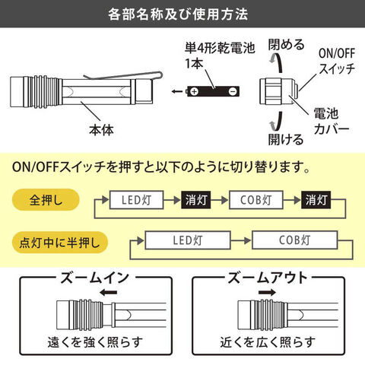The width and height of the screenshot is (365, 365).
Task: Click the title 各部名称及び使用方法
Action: click(x=178, y=14)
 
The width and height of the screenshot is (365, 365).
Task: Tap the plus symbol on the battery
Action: click(x=195, y=91)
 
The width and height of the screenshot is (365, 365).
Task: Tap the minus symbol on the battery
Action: click(x=233, y=91)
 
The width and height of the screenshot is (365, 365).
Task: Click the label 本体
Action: click(x=101, y=130)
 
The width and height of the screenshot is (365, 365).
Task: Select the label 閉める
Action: click(x=287, y=45)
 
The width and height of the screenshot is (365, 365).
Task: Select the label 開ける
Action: click(x=286, y=139)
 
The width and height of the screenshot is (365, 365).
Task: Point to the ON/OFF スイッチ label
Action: click(x=337, y=61)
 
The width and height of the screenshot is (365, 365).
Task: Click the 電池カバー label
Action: click(x=332, y=122)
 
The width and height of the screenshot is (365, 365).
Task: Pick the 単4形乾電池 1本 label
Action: click(x=220, y=56)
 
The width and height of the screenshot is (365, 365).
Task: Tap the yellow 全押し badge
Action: click(x=46, y=200)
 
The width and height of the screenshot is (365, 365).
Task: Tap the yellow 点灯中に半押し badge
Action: click(x=60, y=243)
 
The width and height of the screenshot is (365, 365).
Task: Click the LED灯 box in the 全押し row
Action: click(x=136, y=200)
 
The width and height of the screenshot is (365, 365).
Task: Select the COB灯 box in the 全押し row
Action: click(x=256, y=200)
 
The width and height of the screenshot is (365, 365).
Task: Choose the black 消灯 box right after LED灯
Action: click(x=196, y=200)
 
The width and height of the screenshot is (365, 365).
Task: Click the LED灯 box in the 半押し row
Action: click(x=188, y=240)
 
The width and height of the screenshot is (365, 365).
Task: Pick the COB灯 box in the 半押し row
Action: click(x=295, y=240)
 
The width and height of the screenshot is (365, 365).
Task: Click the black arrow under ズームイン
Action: click(x=109, y=293)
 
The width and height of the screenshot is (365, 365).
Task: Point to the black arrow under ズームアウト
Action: click(x=267, y=293)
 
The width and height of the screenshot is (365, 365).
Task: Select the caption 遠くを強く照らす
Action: click(x=95, y=342)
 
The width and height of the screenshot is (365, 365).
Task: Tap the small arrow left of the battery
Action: click(x=176, y=91)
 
